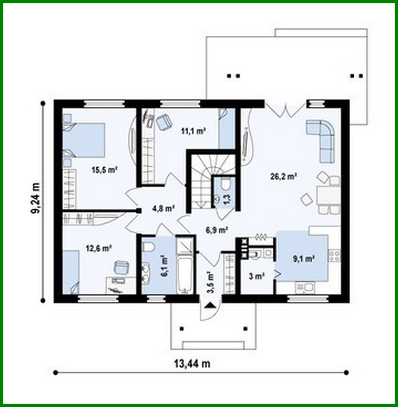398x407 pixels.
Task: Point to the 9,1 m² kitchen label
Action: (x=304, y=258)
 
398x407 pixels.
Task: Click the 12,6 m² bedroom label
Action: (x=99, y=248)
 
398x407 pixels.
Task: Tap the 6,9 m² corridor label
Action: (x=216, y=230)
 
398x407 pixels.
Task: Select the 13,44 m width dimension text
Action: (x=192, y=364)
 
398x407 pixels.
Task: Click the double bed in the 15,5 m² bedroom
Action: (x=84, y=140)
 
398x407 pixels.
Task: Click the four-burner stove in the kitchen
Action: (x=334, y=256)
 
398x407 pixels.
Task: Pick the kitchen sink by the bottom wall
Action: (x=305, y=287)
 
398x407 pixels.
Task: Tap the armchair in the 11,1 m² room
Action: (x=163, y=122)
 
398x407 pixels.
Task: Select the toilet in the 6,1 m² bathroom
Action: (x=148, y=246)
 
